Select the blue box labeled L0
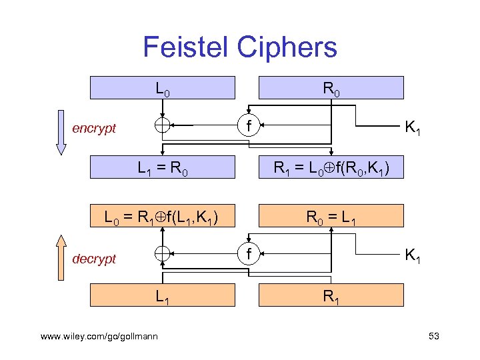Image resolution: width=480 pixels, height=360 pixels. pos(163,87)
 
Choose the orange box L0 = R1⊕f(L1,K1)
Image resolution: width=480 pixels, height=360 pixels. pos(163,216)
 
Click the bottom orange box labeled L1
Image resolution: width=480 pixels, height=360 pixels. pos(163,296)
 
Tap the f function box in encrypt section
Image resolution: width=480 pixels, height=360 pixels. pos(248,125)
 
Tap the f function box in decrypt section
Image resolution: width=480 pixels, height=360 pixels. pos(248,254)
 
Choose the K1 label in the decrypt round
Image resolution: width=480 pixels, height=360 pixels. pos(413,255)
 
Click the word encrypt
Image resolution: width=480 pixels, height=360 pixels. pos(94,128)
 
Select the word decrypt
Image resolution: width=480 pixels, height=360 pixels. pos(94,259)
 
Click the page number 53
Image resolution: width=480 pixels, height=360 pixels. pos(433,336)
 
